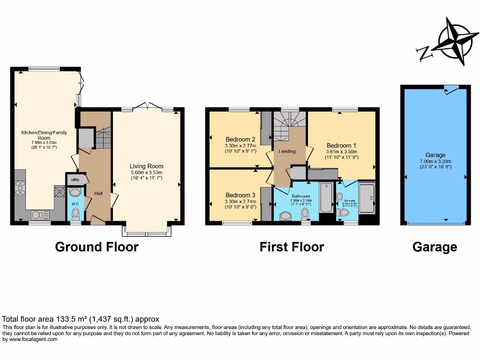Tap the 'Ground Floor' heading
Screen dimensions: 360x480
pos(97,247)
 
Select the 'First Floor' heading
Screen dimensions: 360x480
pos(292,247)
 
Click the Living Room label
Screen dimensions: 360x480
pos(146,166)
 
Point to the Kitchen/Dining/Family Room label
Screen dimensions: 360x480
pos(44,135)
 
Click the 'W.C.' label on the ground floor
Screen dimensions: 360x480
pos(75,204)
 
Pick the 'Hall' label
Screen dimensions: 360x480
pos(98,193)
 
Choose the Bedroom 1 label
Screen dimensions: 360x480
pos(341,145)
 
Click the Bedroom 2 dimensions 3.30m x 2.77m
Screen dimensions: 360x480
pos(240,146)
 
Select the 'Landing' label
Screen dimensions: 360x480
pos(287,151)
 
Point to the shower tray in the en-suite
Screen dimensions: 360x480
pos(367,199)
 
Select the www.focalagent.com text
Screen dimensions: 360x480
pos(30,339)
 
